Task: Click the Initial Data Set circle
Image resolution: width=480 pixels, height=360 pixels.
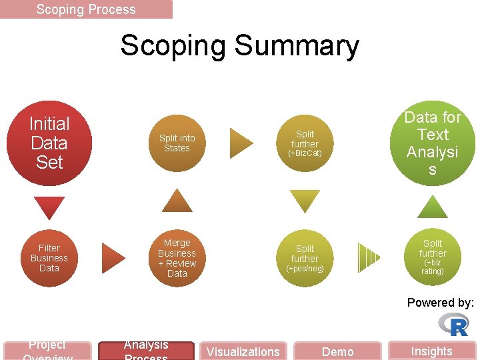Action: click(x=49, y=143)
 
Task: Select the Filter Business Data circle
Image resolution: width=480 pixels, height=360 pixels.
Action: click(x=49, y=258)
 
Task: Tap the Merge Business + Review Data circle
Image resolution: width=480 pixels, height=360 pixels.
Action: click(x=177, y=258)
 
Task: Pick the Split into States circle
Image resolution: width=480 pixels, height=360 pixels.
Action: click(x=177, y=143)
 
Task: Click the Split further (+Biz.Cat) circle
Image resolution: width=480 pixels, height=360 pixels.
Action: click(x=305, y=143)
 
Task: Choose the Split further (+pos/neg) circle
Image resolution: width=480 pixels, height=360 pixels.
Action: click(x=305, y=258)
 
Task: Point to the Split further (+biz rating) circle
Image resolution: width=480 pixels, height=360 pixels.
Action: click(x=433, y=257)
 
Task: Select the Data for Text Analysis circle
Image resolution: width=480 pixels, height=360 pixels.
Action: click(x=433, y=143)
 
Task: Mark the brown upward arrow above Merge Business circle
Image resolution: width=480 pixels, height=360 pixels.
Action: click(x=177, y=201)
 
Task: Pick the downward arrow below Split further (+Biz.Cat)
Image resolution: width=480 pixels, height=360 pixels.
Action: click(x=305, y=201)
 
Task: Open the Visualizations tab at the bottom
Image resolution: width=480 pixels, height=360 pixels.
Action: click(x=243, y=351)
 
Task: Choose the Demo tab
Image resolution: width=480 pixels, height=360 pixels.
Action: click(x=338, y=351)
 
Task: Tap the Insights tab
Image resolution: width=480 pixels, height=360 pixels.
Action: click(x=431, y=351)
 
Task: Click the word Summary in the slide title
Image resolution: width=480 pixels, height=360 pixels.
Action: click(x=297, y=46)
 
